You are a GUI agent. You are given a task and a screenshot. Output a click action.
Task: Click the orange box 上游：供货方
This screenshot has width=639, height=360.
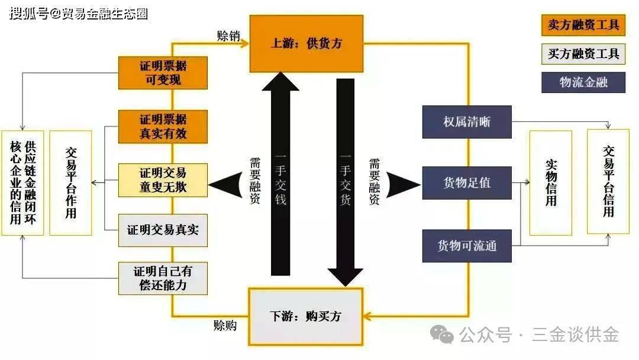[306, 43]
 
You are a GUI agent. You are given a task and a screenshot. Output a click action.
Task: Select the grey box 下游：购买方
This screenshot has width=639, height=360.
[305, 316]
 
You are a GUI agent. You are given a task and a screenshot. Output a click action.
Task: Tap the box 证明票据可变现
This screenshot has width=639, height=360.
[163, 72]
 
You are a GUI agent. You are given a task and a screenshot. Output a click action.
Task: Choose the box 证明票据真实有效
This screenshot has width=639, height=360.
[163, 126]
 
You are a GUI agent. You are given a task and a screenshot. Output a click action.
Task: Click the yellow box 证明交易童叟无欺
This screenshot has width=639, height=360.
[163, 180]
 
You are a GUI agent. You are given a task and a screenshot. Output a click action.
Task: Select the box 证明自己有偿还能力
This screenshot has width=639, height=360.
[163, 278]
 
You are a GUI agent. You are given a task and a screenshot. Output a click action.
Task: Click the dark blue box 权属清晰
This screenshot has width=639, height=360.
[467, 123]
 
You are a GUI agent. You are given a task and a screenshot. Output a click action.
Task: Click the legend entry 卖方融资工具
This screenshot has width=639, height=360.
[583, 25]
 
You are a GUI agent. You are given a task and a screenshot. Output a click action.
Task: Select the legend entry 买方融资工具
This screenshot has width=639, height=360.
[583, 54]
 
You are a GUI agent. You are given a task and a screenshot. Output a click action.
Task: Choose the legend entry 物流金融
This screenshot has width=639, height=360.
[583, 82]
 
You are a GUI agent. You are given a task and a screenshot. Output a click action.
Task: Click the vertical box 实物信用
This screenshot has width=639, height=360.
[551, 182]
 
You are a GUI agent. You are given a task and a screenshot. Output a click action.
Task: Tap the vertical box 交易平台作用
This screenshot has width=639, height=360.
[70, 182]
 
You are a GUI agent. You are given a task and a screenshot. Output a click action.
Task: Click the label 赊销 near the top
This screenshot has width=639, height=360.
[228, 35]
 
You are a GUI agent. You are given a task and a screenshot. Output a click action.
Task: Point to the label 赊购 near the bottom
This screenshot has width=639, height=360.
[225, 325]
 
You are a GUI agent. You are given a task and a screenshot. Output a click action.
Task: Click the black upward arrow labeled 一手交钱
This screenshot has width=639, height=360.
[281, 178]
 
